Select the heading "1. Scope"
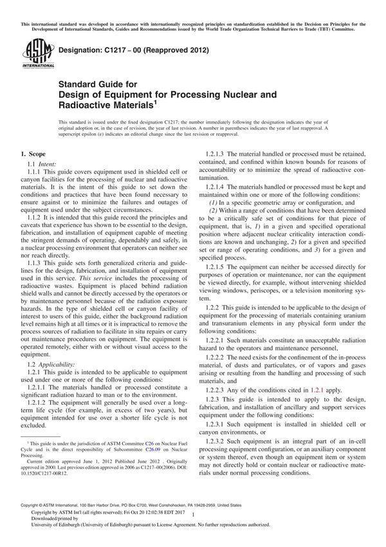(x=34, y=155)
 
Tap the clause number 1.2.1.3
(x=217, y=155)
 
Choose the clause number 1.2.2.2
(x=217, y=356)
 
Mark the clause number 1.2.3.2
(x=217, y=443)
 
